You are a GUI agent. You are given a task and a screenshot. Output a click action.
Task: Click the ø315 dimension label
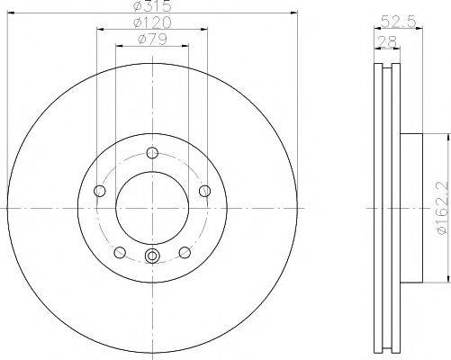(x=151, y=8)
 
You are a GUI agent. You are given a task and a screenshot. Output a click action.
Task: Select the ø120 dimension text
(x=151, y=22)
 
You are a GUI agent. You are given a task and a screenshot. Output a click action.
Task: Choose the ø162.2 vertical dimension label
(x=440, y=208)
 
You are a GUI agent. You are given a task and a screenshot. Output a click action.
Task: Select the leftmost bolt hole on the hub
(x=98, y=190)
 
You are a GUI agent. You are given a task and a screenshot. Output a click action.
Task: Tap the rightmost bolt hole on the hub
(x=204, y=190)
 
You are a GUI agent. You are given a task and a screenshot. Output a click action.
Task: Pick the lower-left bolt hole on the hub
(x=119, y=252)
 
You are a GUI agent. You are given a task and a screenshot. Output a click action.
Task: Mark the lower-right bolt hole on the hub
(x=184, y=252)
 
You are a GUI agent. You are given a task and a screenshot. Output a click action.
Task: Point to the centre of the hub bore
(x=151, y=206)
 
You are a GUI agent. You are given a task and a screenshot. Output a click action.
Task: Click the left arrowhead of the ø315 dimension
(x=8, y=13)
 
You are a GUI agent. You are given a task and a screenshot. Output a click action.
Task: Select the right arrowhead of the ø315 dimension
(x=294, y=13)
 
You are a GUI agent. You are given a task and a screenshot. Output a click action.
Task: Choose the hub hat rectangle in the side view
(x=410, y=207)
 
